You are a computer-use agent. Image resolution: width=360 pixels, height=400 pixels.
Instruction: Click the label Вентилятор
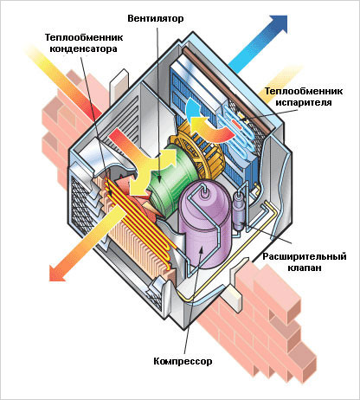[x=156, y=18]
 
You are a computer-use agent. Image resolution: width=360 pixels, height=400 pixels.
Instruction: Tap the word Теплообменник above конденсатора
[x=84, y=37]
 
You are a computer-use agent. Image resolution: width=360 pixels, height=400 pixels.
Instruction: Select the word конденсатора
[x=84, y=48]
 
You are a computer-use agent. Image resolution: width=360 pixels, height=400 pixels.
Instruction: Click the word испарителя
[x=304, y=102]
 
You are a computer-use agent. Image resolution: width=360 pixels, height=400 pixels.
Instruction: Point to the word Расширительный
[x=305, y=256]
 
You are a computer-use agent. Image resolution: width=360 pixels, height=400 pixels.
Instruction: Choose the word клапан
[x=305, y=268]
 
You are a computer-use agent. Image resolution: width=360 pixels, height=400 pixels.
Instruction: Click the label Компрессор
[x=183, y=361]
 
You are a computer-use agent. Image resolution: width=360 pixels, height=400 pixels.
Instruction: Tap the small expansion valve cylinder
[x=240, y=210]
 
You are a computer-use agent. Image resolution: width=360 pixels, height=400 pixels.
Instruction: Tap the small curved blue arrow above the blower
[x=192, y=108]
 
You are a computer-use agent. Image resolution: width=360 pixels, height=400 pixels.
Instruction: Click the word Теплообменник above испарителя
[x=304, y=91]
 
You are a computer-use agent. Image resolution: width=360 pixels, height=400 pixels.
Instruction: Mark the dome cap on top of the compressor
[x=205, y=192]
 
